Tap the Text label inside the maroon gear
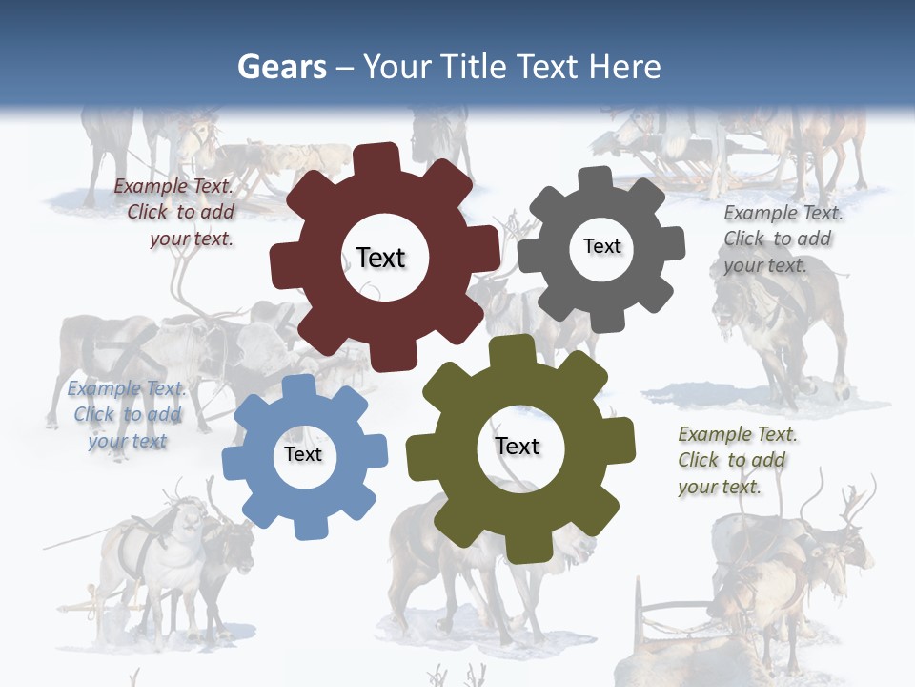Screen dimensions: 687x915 pos(380,258)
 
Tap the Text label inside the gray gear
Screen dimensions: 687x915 pos(602,246)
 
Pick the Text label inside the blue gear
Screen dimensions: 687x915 pos(303,454)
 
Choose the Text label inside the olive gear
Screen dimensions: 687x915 pos(518,446)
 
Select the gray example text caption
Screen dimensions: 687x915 pos(782,239)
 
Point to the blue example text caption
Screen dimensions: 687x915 pos(127,414)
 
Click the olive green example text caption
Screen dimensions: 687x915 pos(737,460)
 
